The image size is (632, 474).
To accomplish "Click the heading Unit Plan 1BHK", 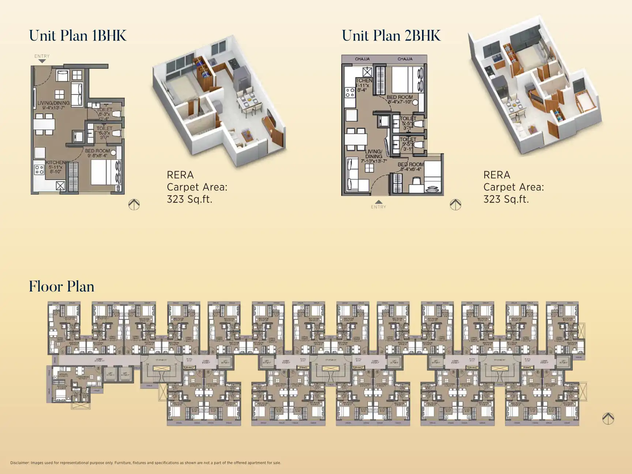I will coord(78,36).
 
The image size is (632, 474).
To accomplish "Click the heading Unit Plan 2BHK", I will coord(391,36).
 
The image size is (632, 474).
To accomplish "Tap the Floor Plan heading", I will coord(61,286).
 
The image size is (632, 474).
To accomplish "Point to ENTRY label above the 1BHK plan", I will coord(42,56).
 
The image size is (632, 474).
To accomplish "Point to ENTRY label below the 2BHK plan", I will coord(379,207).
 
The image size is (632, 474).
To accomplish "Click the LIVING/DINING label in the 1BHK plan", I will coord(53,105).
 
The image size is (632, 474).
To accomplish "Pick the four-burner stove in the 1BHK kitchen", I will coord(39,169).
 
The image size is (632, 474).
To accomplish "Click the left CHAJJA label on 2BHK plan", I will coord(362,59).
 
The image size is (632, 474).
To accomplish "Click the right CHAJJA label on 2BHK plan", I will coord(405,59).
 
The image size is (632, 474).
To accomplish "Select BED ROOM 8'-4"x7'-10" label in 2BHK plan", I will coord(400,99).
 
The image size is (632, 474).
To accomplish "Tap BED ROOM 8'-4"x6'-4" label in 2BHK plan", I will coord(411,167).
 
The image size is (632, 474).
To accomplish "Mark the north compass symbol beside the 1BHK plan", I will coord(134,204).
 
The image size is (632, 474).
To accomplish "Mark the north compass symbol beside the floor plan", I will coord(608,418).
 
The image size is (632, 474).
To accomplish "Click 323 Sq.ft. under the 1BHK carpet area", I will coord(189,199).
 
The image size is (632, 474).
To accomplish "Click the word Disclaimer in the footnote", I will coord(20,463).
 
